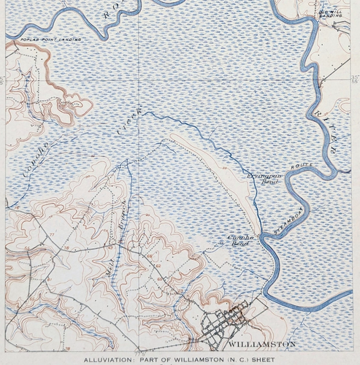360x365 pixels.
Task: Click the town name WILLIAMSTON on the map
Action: tap(261, 343)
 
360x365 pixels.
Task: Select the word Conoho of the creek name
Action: tap(31, 169)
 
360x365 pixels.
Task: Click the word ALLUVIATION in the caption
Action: tap(107, 360)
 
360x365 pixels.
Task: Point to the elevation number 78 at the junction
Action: tap(66, 248)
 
